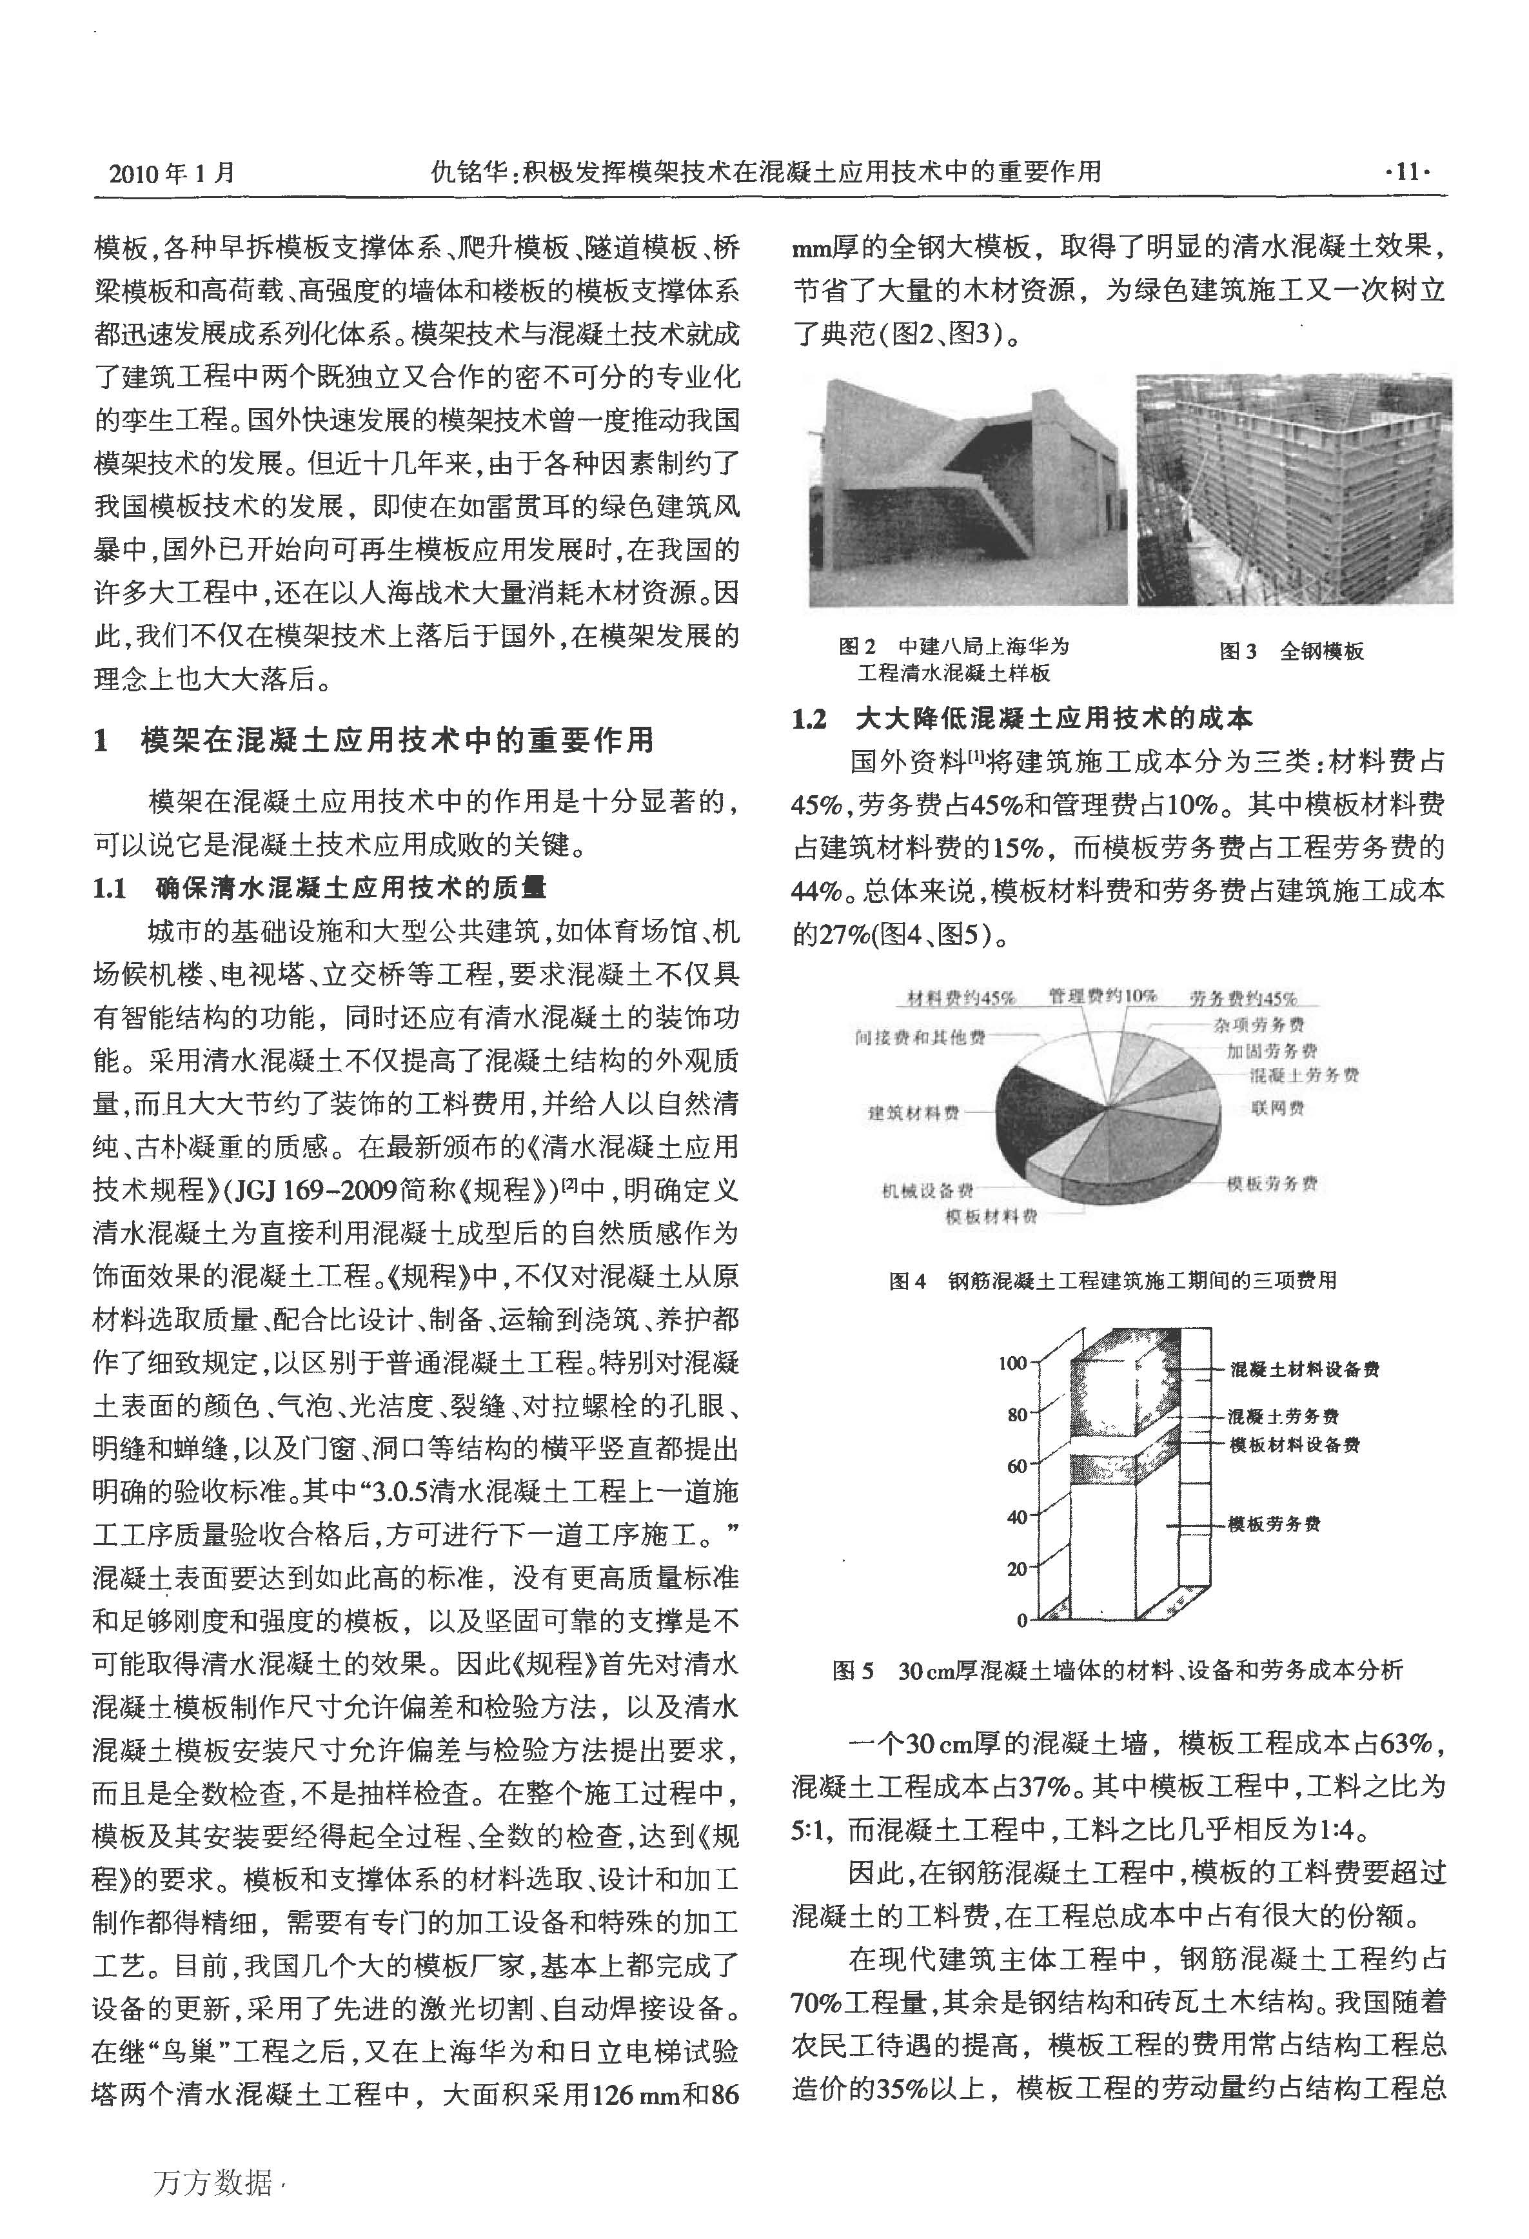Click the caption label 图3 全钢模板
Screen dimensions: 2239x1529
click(1291, 651)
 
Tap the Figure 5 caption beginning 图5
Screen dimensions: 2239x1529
click(1118, 1670)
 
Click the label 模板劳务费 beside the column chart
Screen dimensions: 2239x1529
click(1273, 1524)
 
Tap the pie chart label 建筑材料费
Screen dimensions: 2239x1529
click(913, 1113)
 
